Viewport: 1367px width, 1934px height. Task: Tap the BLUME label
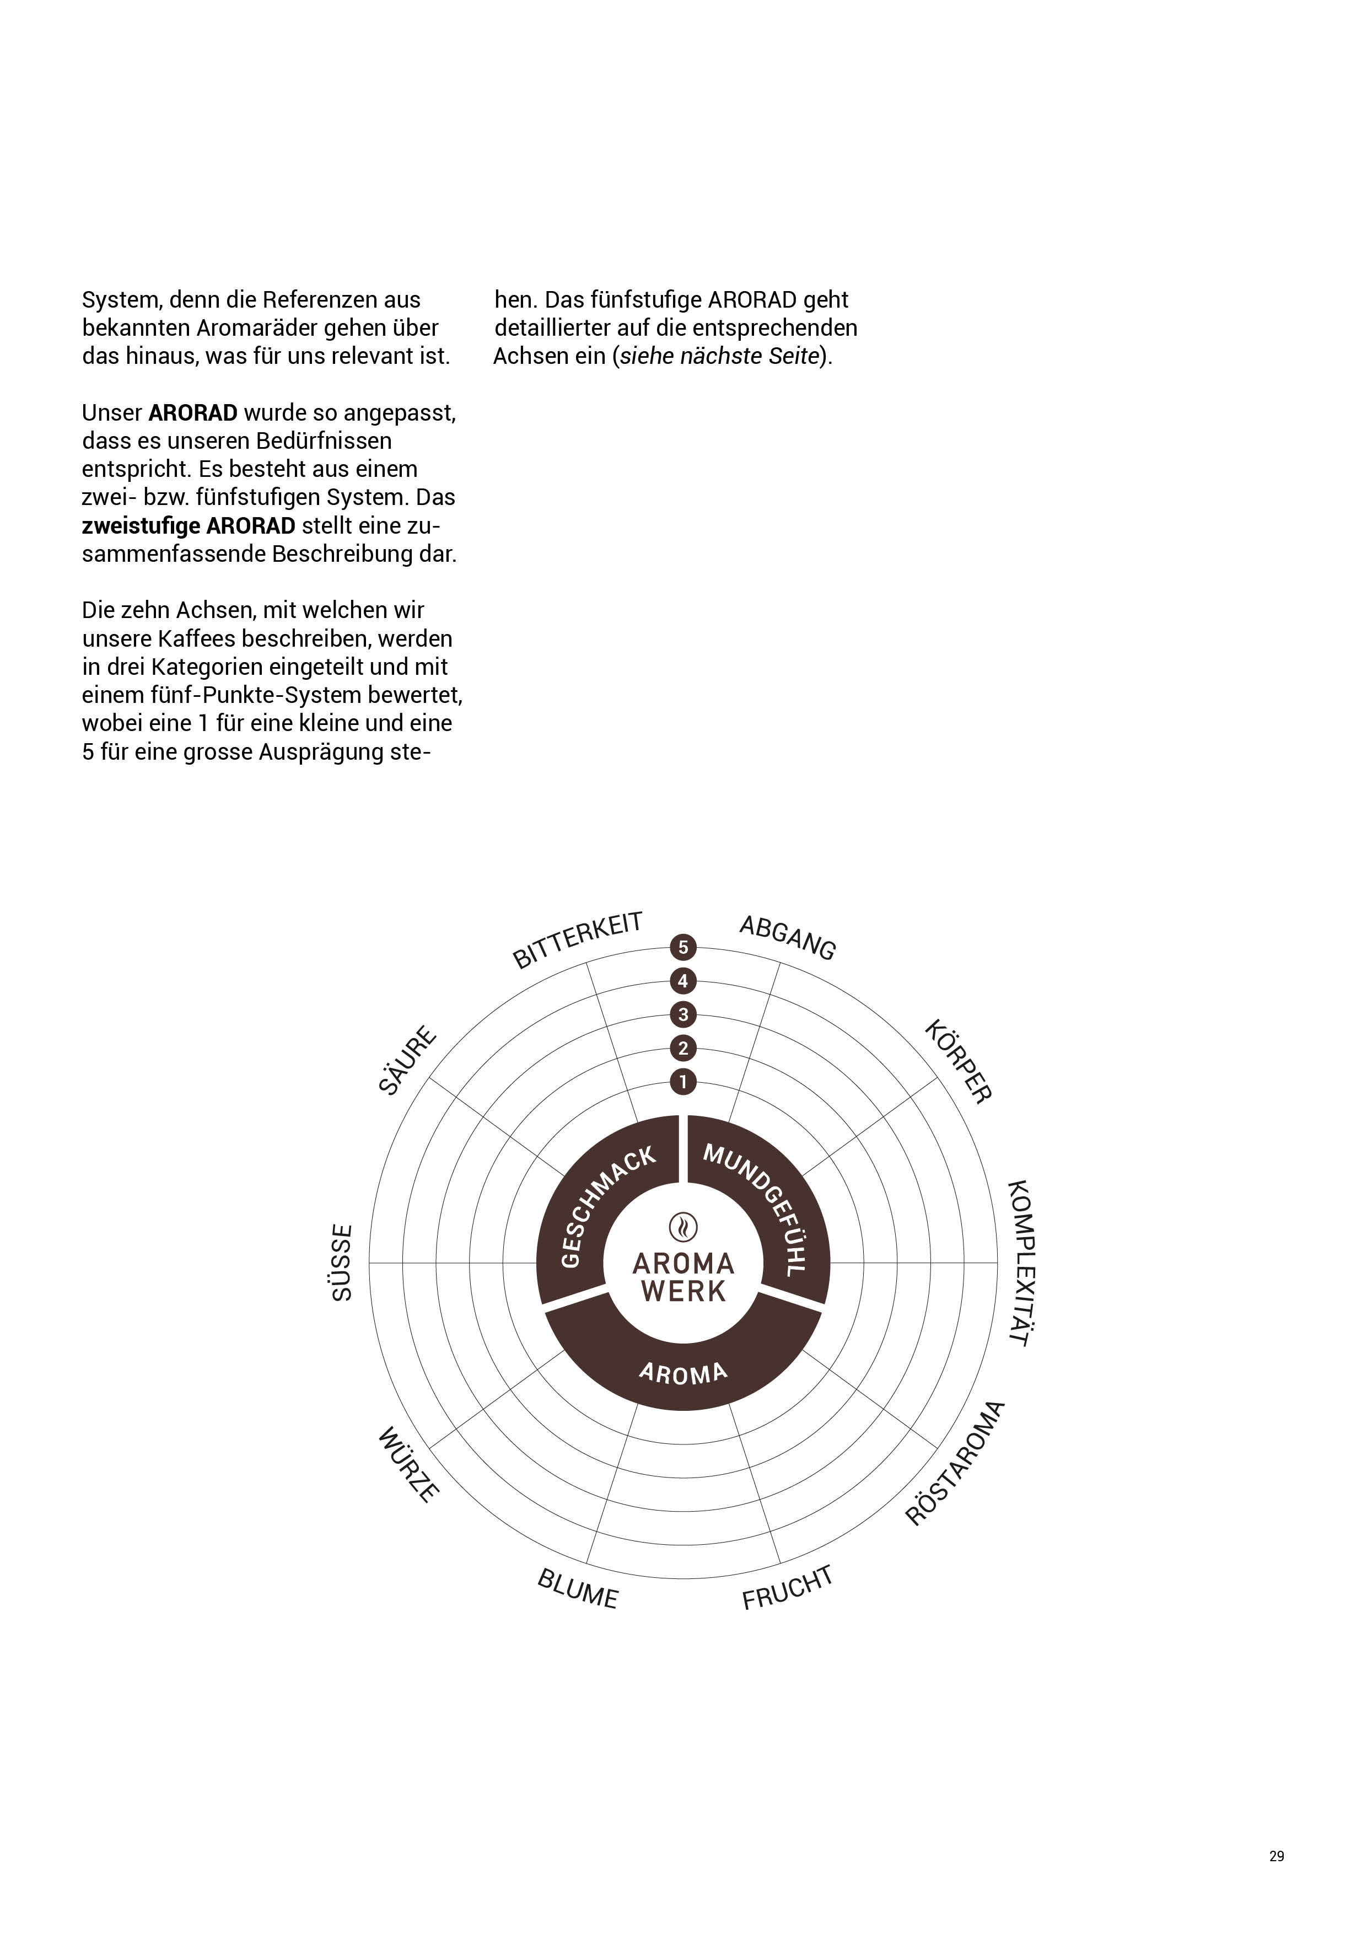578,1589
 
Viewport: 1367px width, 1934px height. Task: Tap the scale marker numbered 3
683,1014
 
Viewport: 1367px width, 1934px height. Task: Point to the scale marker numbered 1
683,1082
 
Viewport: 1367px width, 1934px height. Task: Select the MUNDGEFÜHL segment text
758,1207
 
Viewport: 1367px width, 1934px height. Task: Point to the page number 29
1276,1856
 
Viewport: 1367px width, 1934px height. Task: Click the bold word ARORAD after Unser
193,413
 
